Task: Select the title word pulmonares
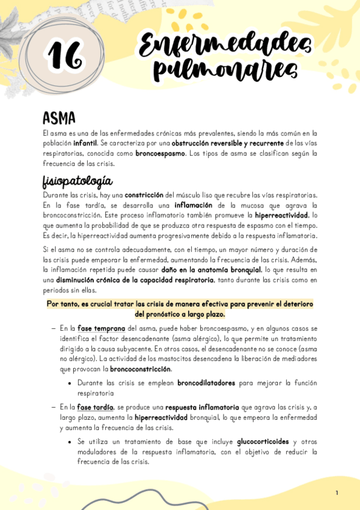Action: [x=225, y=70]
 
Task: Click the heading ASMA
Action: [x=59, y=118]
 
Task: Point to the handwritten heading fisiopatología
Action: [x=78, y=182]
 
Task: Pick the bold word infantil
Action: [x=85, y=144]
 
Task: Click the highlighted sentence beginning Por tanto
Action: [x=180, y=309]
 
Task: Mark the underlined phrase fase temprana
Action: [x=102, y=329]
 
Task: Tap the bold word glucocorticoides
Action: [x=263, y=441]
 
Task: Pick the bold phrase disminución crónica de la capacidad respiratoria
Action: [x=134, y=280]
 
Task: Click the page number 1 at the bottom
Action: [x=337, y=493]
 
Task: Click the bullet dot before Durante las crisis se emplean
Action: [x=70, y=383]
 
